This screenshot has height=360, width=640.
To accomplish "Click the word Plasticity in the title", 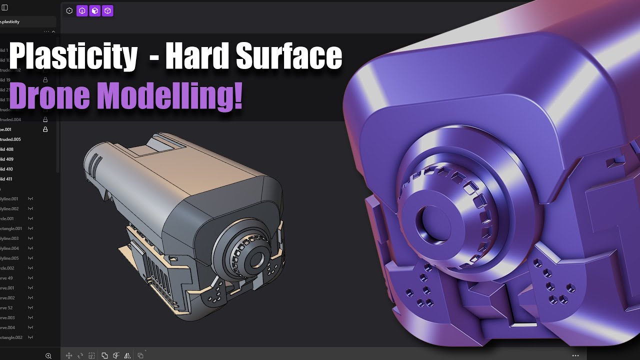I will tap(73, 57).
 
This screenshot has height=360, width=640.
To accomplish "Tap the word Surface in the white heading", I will tap(289, 57).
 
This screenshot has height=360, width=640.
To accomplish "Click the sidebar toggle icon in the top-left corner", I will tap(5, 7).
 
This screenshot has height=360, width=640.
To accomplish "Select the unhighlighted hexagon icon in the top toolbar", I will tap(69, 10).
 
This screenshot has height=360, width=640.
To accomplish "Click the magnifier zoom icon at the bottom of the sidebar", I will tap(48, 355).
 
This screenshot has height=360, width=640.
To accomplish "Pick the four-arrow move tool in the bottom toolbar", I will tap(69, 355).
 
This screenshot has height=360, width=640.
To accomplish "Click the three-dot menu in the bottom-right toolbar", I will tap(575, 355).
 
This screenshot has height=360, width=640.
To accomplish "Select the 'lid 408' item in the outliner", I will tap(7, 149).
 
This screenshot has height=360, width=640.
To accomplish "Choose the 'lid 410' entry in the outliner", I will tap(7, 169).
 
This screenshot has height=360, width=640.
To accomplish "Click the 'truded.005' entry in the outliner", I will tap(10, 139).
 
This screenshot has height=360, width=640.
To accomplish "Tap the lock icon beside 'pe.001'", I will tap(45, 129).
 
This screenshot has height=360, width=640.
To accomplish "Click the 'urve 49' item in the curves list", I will tap(7, 278).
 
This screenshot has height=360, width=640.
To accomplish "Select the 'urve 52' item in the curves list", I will tap(7, 307).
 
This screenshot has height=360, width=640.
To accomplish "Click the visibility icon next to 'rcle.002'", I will tap(30, 268).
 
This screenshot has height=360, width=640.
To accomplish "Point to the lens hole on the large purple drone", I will tap(429, 223).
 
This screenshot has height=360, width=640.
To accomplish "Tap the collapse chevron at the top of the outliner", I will tap(53, 32).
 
